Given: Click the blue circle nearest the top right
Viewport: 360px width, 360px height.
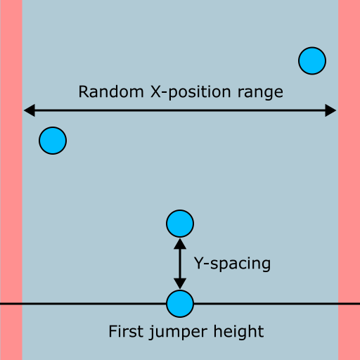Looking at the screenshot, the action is [x=312, y=61].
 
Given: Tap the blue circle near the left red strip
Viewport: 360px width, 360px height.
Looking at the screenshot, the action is [x=53, y=141].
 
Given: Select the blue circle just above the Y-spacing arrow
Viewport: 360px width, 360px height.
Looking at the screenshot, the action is [x=180, y=224].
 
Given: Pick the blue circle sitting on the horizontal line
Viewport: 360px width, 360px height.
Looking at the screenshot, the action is [x=180, y=304].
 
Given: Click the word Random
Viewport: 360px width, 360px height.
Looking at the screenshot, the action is [x=111, y=91].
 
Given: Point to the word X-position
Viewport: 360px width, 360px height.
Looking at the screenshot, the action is [x=191, y=93].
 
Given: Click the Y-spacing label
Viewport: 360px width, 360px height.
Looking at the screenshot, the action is [x=232, y=264].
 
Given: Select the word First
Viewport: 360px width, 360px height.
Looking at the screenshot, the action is [x=126, y=331].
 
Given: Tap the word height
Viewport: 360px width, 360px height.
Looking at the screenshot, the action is [x=238, y=333].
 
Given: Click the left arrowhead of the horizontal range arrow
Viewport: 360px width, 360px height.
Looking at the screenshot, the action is [x=30, y=110].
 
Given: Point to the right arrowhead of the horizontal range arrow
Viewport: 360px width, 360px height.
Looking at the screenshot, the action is [x=330, y=110].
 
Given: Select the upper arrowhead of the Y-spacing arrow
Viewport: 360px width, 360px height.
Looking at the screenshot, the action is [x=180, y=244].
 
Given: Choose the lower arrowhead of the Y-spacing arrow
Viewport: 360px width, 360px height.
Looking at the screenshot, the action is [x=180, y=283].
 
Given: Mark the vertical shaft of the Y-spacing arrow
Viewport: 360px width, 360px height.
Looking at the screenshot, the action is [x=180, y=264].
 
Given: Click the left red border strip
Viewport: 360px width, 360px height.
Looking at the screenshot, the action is [x=11, y=180].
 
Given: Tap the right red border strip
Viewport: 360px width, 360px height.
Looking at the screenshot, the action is [x=349, y=180].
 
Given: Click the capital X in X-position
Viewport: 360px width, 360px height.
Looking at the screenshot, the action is [x=156, y=91].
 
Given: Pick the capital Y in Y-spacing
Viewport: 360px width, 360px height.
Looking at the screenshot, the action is [x=199, y=263].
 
